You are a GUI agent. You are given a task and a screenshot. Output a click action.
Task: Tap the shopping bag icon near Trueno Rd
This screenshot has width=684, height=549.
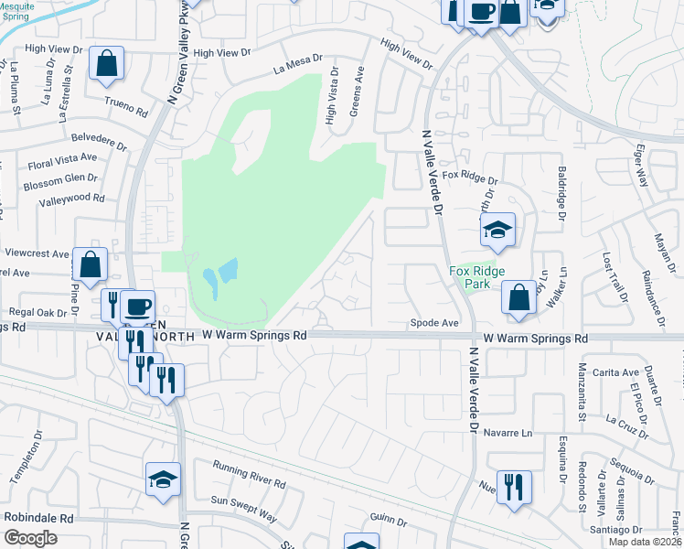107,64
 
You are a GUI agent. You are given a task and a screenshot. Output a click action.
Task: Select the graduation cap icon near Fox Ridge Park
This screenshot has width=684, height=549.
497,231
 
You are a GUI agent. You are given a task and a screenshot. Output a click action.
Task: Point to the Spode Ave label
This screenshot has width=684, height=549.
433,323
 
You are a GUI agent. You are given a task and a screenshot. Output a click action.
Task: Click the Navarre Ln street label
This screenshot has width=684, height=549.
508,432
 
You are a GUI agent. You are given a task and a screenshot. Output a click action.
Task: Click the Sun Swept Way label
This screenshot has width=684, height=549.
243,509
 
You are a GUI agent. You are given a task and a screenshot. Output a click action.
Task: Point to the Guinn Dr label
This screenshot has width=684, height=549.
389,520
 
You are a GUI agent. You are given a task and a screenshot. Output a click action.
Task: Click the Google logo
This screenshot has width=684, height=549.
30,537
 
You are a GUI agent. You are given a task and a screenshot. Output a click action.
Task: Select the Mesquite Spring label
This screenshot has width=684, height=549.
16,11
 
